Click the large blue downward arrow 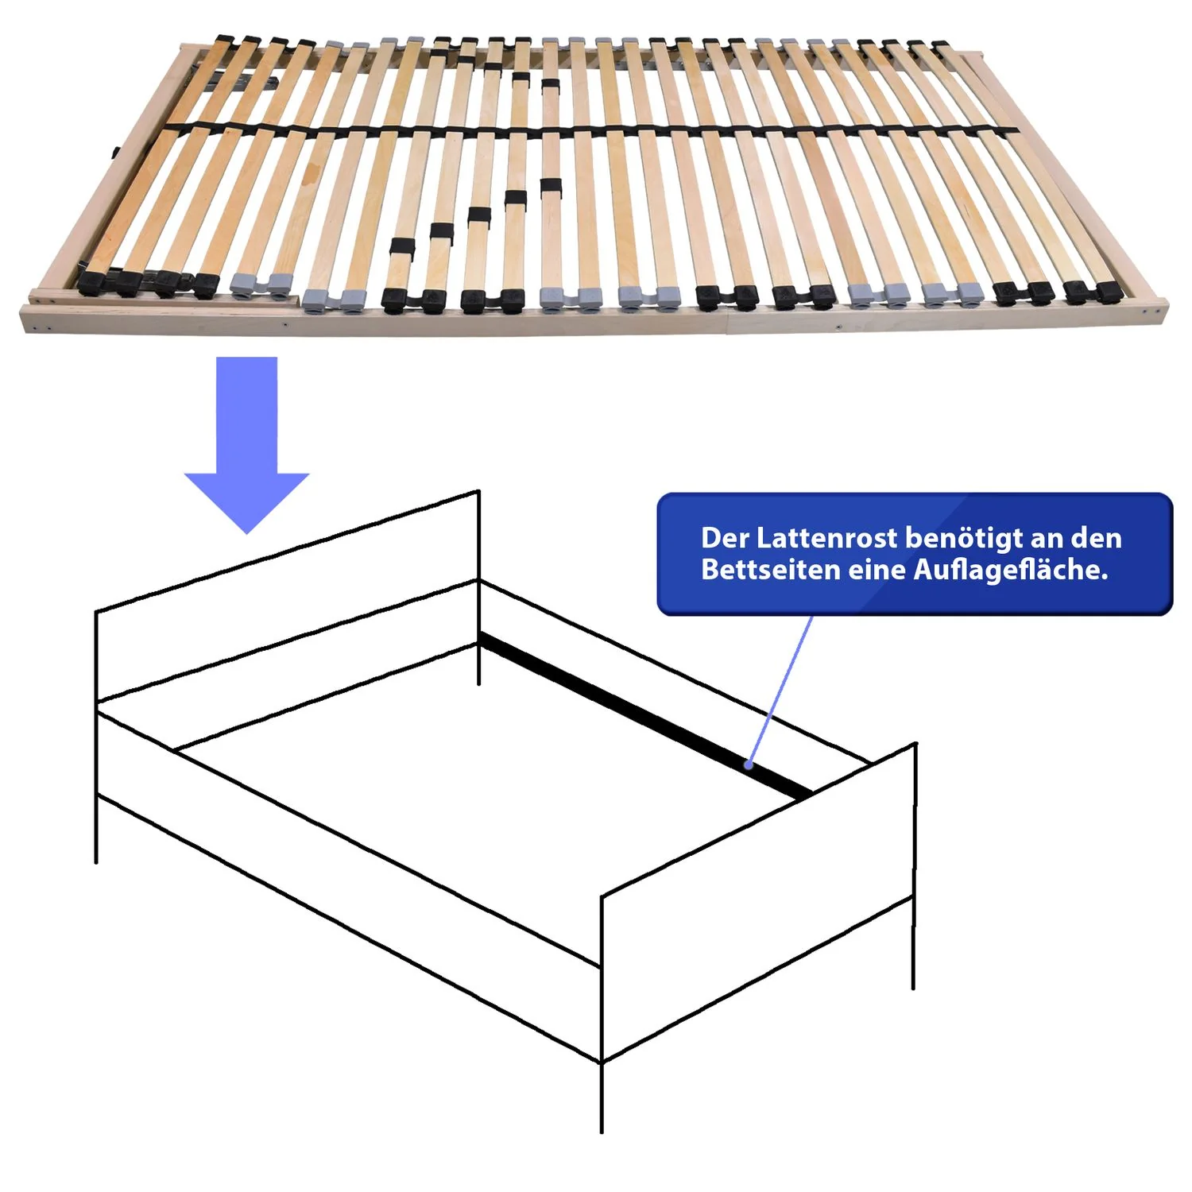tap(246, 445)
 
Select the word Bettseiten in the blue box tap(770, 570)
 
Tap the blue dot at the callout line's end tap(749, 765)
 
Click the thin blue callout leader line tap(780, 690)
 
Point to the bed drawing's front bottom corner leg tap(602, 1097)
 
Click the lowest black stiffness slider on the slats tap(401, 248)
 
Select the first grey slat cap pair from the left tap(261, 283)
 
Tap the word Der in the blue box tap(725, 539)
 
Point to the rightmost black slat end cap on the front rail tap(1109, 292)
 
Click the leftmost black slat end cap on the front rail tap(93, 281)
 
